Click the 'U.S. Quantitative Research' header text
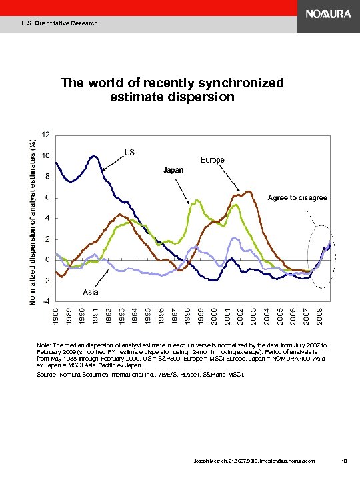[59, 23]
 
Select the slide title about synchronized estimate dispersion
[172, 90]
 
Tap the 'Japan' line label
[174, 170]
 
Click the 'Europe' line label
[213, 160]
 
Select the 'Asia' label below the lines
[92, 292]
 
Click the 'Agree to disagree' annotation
[298, 197]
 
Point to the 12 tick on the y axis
[46, 135]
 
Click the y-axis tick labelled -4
[46, 301]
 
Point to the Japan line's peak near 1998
[194, 201]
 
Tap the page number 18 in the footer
[343, 460]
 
